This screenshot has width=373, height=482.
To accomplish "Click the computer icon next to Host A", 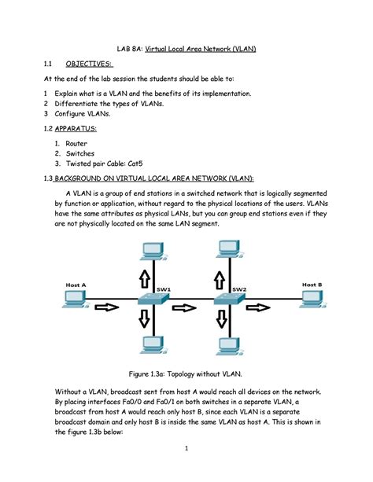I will tap(76, 300).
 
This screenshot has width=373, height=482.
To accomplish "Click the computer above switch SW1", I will tap(149, 250).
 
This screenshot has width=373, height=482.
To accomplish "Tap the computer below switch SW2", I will tap(226, 346).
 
